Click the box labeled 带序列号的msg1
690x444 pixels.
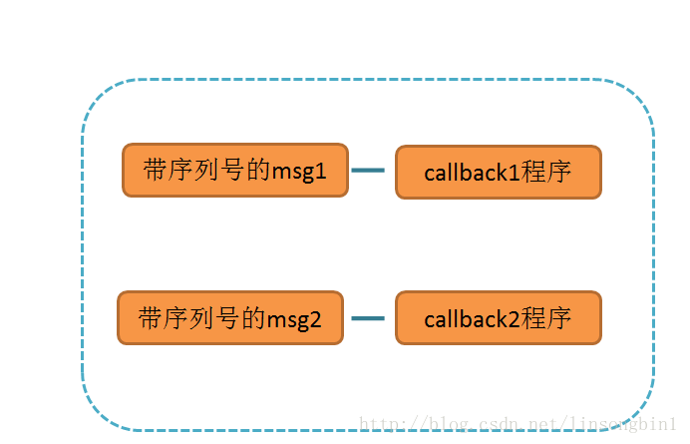coord(235,170)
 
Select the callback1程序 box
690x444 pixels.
coord(498,172)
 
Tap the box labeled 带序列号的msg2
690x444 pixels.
coord(230,318)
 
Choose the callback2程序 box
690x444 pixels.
coord(498,318)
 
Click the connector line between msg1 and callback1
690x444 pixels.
coord(369,171)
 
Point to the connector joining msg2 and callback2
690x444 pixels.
coord(369,318)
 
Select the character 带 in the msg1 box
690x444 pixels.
coord(156,171)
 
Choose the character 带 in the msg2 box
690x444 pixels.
coord(151,318)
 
